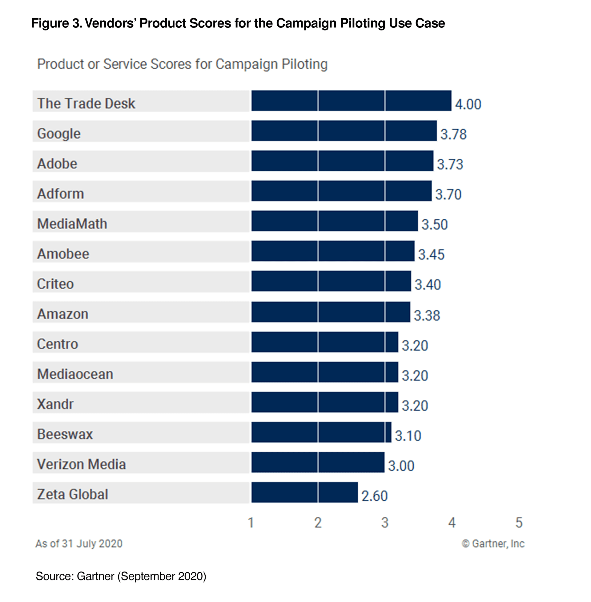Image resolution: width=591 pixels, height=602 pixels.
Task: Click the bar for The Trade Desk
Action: pos(351,101)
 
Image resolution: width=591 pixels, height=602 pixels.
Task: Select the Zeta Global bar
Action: pos(304,492)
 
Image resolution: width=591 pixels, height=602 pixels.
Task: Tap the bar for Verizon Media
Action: pos(318,462)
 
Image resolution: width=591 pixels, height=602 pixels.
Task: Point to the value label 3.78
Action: pos(453,134)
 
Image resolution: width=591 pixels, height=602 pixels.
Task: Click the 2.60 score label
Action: pos(374,496)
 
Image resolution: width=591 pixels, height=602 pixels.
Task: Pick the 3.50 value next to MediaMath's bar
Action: pos(434,224)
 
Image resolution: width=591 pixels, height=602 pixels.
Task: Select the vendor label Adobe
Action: pos(57,163)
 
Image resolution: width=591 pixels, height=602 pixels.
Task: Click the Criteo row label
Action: pos(55,284)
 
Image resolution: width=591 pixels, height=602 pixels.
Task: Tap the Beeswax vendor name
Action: pos(65,434)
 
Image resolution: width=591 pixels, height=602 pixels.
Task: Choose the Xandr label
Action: pos(55,404)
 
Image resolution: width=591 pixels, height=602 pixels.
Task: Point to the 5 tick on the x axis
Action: pos(519,523)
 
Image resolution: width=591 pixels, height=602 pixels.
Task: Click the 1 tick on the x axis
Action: pos(251,523)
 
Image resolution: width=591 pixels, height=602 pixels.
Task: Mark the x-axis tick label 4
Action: pos(452,523)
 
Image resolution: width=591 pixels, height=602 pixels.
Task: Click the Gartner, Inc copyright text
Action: pos(493,543)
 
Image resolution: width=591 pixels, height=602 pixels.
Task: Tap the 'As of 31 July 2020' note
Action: pos(79,543)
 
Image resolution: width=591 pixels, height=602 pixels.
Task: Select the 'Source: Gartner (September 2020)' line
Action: pos(121,576)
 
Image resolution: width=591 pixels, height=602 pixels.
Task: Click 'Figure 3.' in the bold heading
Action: pos(57,23)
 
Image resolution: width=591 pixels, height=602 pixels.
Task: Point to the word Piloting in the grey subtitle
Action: pos(304,64)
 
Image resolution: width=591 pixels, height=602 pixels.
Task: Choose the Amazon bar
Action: pos(331,312)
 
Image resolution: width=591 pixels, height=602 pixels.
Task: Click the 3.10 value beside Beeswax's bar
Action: pos(408,436)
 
